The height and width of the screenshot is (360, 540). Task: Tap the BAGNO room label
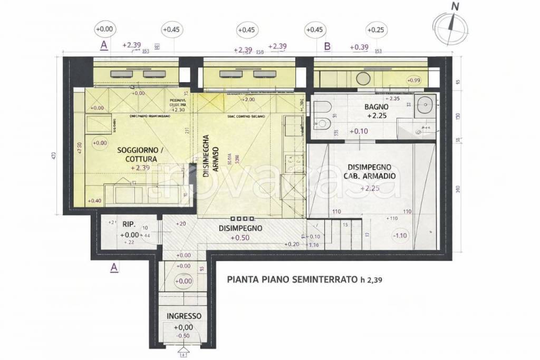377,107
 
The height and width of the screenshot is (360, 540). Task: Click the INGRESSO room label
184,316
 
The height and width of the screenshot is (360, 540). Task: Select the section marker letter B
327,46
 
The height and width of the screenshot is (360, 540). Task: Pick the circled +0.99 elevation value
413,80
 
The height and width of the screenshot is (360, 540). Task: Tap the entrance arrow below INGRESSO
184,350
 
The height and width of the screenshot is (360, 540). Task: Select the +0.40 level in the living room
95,201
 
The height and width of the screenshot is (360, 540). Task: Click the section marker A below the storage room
113,268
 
